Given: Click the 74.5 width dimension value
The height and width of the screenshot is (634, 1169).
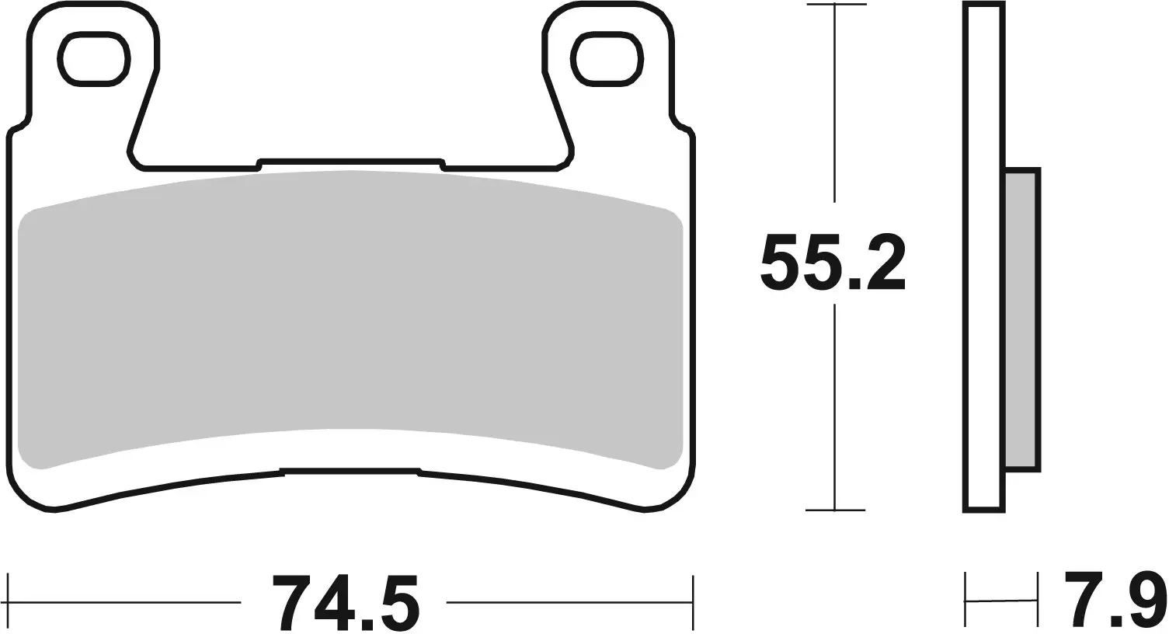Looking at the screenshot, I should pyautogui.click(x=346, y=603).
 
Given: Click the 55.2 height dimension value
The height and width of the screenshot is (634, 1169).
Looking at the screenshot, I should pyautogui.click(x=833, y=263).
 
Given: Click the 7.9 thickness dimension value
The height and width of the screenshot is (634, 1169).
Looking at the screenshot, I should pyautogui.click(x=1115, y=599).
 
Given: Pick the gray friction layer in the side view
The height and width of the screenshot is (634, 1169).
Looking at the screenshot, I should pyautogui.click(x=1021, y=319).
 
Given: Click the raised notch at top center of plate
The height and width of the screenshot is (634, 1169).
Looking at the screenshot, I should pyautogui.click(x=350, y=162).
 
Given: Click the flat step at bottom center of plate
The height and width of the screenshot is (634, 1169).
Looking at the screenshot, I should pyautogui.click(x=350, y=470).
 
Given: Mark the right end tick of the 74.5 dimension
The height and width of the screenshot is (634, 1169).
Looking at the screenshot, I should pyautogui.click(x=692, y=602).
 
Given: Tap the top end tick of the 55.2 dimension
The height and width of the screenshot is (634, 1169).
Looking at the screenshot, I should pyautogui.click(x=835, y=5).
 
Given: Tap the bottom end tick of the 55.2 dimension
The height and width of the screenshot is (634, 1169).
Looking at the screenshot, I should pyautogui.click(x=835, y=510).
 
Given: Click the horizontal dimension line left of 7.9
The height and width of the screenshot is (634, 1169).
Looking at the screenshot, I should pyautogui.click(x=1001, y=600).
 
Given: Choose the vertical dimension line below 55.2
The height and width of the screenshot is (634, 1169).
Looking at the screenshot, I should pyautogui.click(x=835, y=404).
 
